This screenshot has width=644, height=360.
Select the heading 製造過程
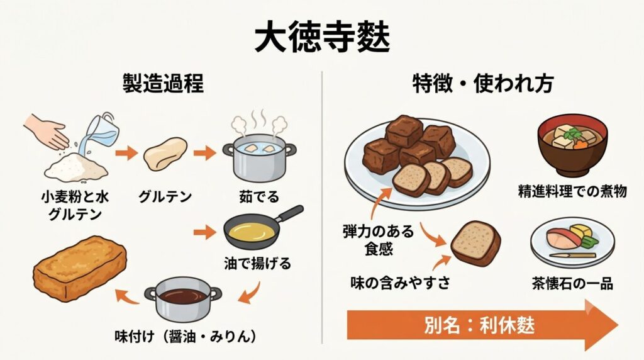(163, 83)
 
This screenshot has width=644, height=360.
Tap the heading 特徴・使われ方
(483, 83)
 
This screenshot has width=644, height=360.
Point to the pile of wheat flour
(75, 167)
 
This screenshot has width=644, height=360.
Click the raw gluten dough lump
(165, 154)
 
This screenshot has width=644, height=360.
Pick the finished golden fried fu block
(80, 268)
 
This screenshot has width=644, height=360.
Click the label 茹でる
(259, 197)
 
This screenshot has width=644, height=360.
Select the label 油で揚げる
(257, 263)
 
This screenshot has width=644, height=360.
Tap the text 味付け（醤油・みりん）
(186, 337)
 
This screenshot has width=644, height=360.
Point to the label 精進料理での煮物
(572, 191)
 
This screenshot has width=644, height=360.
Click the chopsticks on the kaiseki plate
(572, 255)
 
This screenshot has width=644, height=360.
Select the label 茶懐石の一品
(572, 284)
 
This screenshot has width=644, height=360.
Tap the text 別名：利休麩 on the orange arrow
(479, 326)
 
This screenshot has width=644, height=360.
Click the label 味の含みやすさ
(400, 283)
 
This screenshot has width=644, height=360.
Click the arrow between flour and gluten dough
(126, 154)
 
